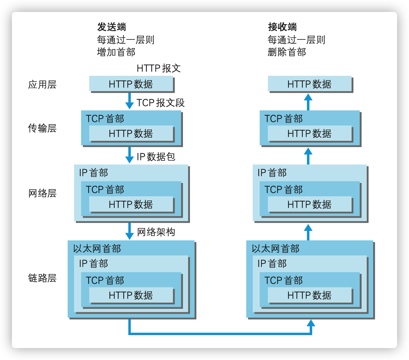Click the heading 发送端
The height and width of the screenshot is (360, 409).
[111, 27]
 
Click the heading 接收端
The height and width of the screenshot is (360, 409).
[282, 27]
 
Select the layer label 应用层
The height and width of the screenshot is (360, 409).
[42, 85]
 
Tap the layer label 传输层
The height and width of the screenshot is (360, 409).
[42, 128]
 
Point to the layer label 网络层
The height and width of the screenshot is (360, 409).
[42, 193]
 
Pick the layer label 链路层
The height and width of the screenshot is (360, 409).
[42, 278]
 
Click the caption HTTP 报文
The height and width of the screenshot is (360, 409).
[158, 68]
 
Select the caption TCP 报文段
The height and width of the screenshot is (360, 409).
[160, 103]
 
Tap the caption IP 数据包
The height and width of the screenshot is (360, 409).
[156, 157]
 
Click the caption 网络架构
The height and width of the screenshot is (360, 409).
[156, 232]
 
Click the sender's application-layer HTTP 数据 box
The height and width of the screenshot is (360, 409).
[131, 84]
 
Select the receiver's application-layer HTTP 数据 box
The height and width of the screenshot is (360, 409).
[310, 84]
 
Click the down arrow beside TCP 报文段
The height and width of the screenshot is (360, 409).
[129, 101]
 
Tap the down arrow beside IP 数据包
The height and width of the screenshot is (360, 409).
[129, 155]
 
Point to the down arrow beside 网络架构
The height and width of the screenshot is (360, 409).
[129, 231]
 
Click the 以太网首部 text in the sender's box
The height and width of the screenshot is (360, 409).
[97, 249]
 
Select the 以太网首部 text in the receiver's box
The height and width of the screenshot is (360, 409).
[276, 249]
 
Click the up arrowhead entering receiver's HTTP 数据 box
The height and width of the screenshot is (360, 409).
[308, 97]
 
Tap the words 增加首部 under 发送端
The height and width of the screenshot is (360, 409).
[116, 52]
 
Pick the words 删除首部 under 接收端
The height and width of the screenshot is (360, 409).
[287, 52]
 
